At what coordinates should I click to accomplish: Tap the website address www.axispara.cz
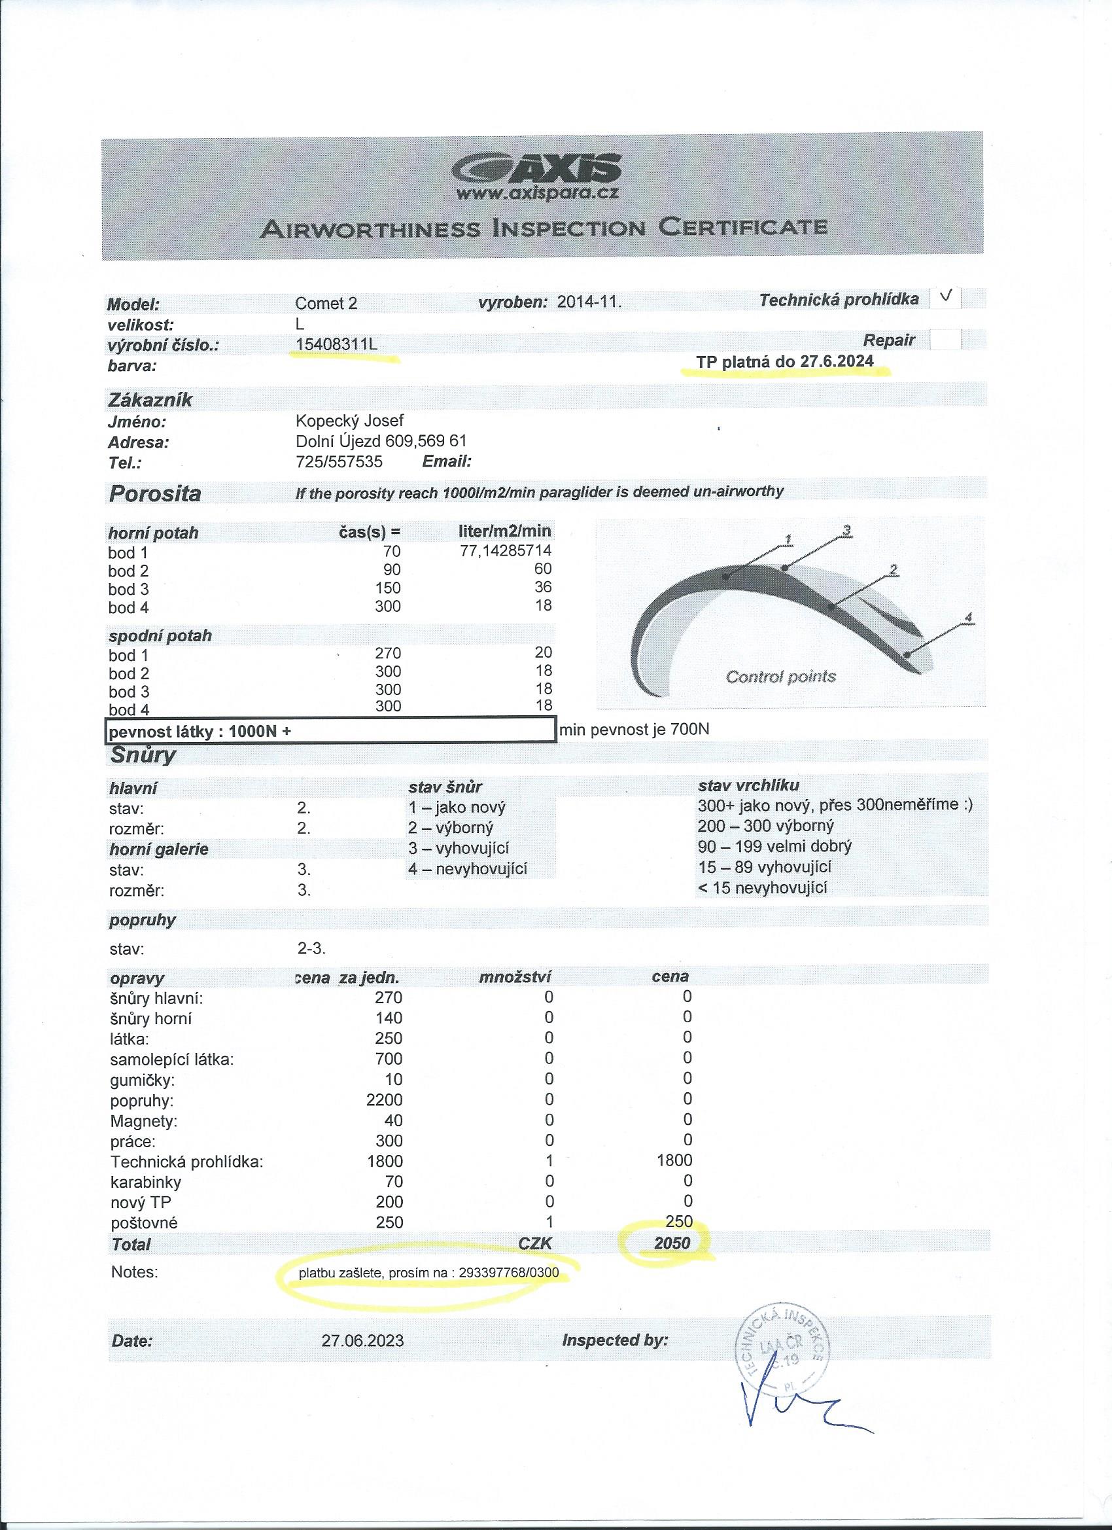point(538,194)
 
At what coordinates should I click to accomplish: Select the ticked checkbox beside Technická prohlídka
point(945,298)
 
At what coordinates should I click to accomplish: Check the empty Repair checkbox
point(945,340)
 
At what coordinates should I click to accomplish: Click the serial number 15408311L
point(336,345)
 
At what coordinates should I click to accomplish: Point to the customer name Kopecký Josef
point(349,421)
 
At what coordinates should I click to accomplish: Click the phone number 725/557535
point(339,461)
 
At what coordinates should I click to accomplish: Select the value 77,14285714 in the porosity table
point(505,550)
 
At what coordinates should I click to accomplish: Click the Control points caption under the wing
point(780,677)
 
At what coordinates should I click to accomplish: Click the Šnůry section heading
point(143,755)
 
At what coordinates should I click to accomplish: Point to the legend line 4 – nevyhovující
point(467,869)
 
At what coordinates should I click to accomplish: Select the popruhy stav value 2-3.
point(311,948)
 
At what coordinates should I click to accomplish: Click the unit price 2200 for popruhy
point(384,1100)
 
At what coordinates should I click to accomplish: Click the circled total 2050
point(672,1243)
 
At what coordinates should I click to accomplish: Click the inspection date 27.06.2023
point(363,1340)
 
